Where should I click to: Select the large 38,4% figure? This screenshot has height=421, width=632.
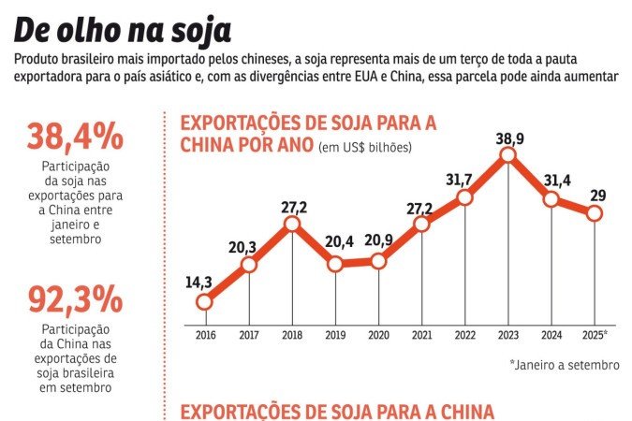[75, 138]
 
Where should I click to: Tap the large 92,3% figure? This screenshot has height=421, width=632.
[75, 299]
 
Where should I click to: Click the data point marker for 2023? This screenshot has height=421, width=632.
[508, 155]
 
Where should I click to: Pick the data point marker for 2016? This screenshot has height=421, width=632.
[205, 301]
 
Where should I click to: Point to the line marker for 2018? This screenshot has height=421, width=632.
[292, 224]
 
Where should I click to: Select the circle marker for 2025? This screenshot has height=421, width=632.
[595, 213]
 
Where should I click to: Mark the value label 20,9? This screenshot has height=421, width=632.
[379, 240]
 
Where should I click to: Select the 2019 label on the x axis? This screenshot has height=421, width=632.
[335, 334]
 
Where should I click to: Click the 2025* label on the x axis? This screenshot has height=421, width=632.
[595, 334]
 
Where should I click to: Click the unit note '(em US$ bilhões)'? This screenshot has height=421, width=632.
[366, 147]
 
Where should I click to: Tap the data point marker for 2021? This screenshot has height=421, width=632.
[421, 224]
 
